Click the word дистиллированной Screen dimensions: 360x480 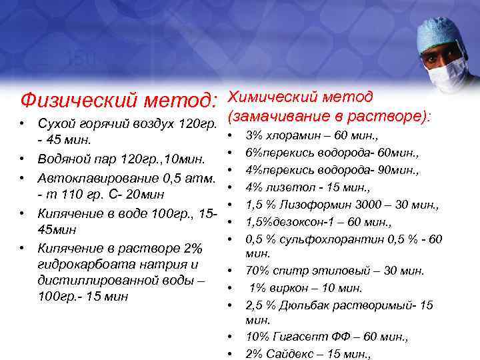click(89, 280)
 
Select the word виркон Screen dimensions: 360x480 click(293, 288)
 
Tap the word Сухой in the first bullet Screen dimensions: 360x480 click(55, 125)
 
